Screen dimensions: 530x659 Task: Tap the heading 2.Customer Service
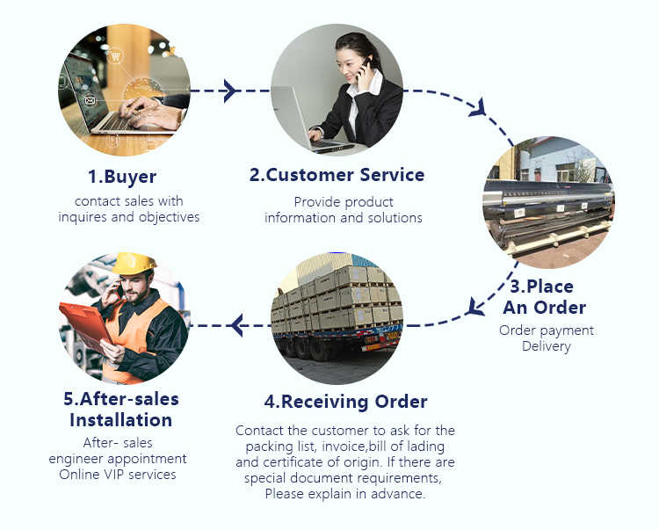tap(337, 175)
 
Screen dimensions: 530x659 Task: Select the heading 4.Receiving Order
tap(345, 402)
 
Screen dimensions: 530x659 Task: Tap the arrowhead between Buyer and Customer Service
tap(230, 91)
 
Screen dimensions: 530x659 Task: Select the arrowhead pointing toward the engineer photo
tap(235, 326)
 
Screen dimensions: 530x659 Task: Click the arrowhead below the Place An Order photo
tap(475, 306)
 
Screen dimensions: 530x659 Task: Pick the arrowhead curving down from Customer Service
tap(477, 110)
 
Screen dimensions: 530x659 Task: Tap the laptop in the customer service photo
tap(303, 123)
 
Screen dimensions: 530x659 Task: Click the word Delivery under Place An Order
tap(547, 346)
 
